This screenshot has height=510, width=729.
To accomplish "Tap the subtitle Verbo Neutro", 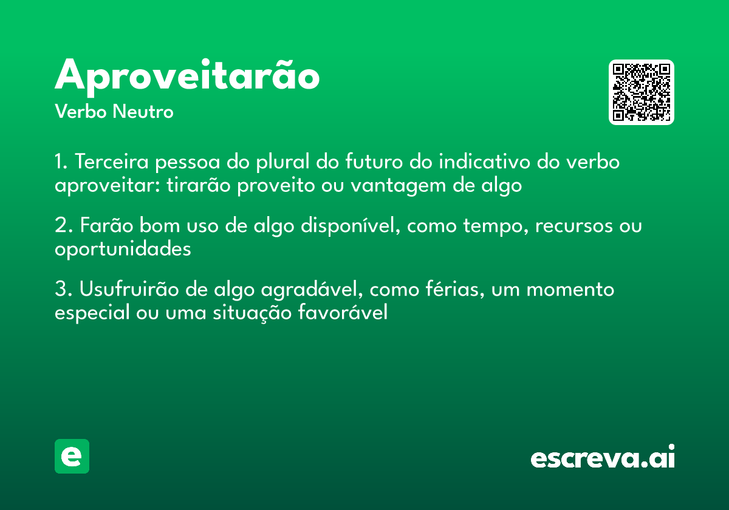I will point(114,112).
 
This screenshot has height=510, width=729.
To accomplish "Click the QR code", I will point(641,92).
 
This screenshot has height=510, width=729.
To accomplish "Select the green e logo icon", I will point(72,456).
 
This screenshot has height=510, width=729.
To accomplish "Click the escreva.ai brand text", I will point(602,458).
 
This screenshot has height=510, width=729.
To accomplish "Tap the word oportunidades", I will point(123,249).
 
